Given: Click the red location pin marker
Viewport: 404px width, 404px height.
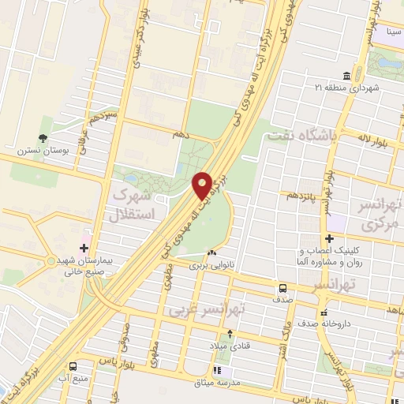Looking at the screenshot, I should [x=203, y=185].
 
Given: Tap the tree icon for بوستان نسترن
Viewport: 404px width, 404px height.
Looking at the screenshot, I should [x=41, y=122].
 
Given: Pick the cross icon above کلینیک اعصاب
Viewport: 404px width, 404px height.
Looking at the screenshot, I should [x=328, y=239].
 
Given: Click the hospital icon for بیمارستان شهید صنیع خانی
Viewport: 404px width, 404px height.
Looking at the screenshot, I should [x=86, y=237].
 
